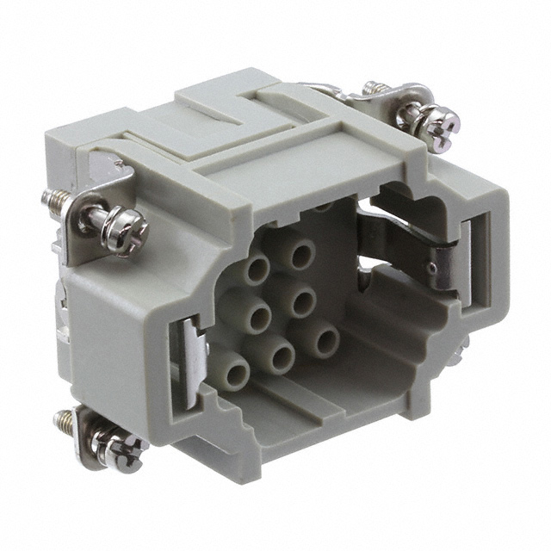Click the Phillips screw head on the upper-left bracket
pyautogui.click(x=127, y=231)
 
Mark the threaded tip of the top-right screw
pyautogui.click(x=373, y=88)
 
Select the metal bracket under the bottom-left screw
pyautogui.click(x=90, y=430)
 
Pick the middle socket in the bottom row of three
pyautogui.click(x=277, y=353)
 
